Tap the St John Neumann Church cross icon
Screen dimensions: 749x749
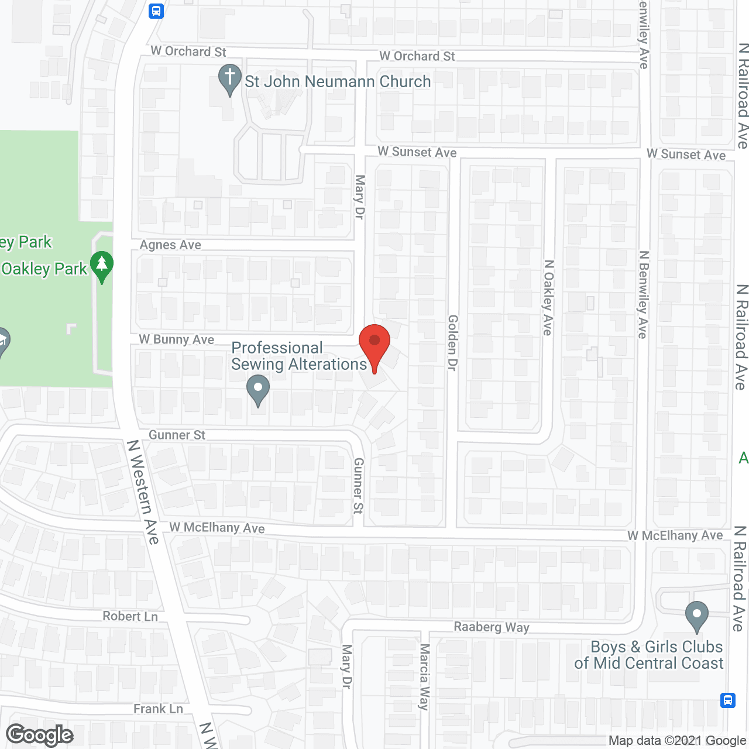(x=230, y=78)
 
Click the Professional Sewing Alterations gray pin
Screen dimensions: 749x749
(x=258, y=390)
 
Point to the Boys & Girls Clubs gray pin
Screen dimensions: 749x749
(x=696, y=616)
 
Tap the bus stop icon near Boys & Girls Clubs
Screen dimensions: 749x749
(x=728, y=700)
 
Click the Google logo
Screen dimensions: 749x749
(x=40, y=735)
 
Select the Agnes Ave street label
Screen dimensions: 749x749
(x=170, y=245)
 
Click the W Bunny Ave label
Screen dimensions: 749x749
(x=177, y=339)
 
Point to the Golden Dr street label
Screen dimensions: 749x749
(x=452, y=342)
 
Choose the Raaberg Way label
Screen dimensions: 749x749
(x=492, y=627)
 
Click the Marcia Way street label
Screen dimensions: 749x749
(x=424, y=676)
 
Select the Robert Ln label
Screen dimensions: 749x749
(x=130, y=616)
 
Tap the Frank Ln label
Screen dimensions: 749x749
(x=158, y=709)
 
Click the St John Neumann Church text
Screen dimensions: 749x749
(x=338, y=81)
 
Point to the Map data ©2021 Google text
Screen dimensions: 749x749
(x=677, y=741)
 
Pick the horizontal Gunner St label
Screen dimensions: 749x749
(x=177, y=435)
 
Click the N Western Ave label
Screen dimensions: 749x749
(x=143, y=492)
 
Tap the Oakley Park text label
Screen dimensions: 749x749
(x=44, y=269)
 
